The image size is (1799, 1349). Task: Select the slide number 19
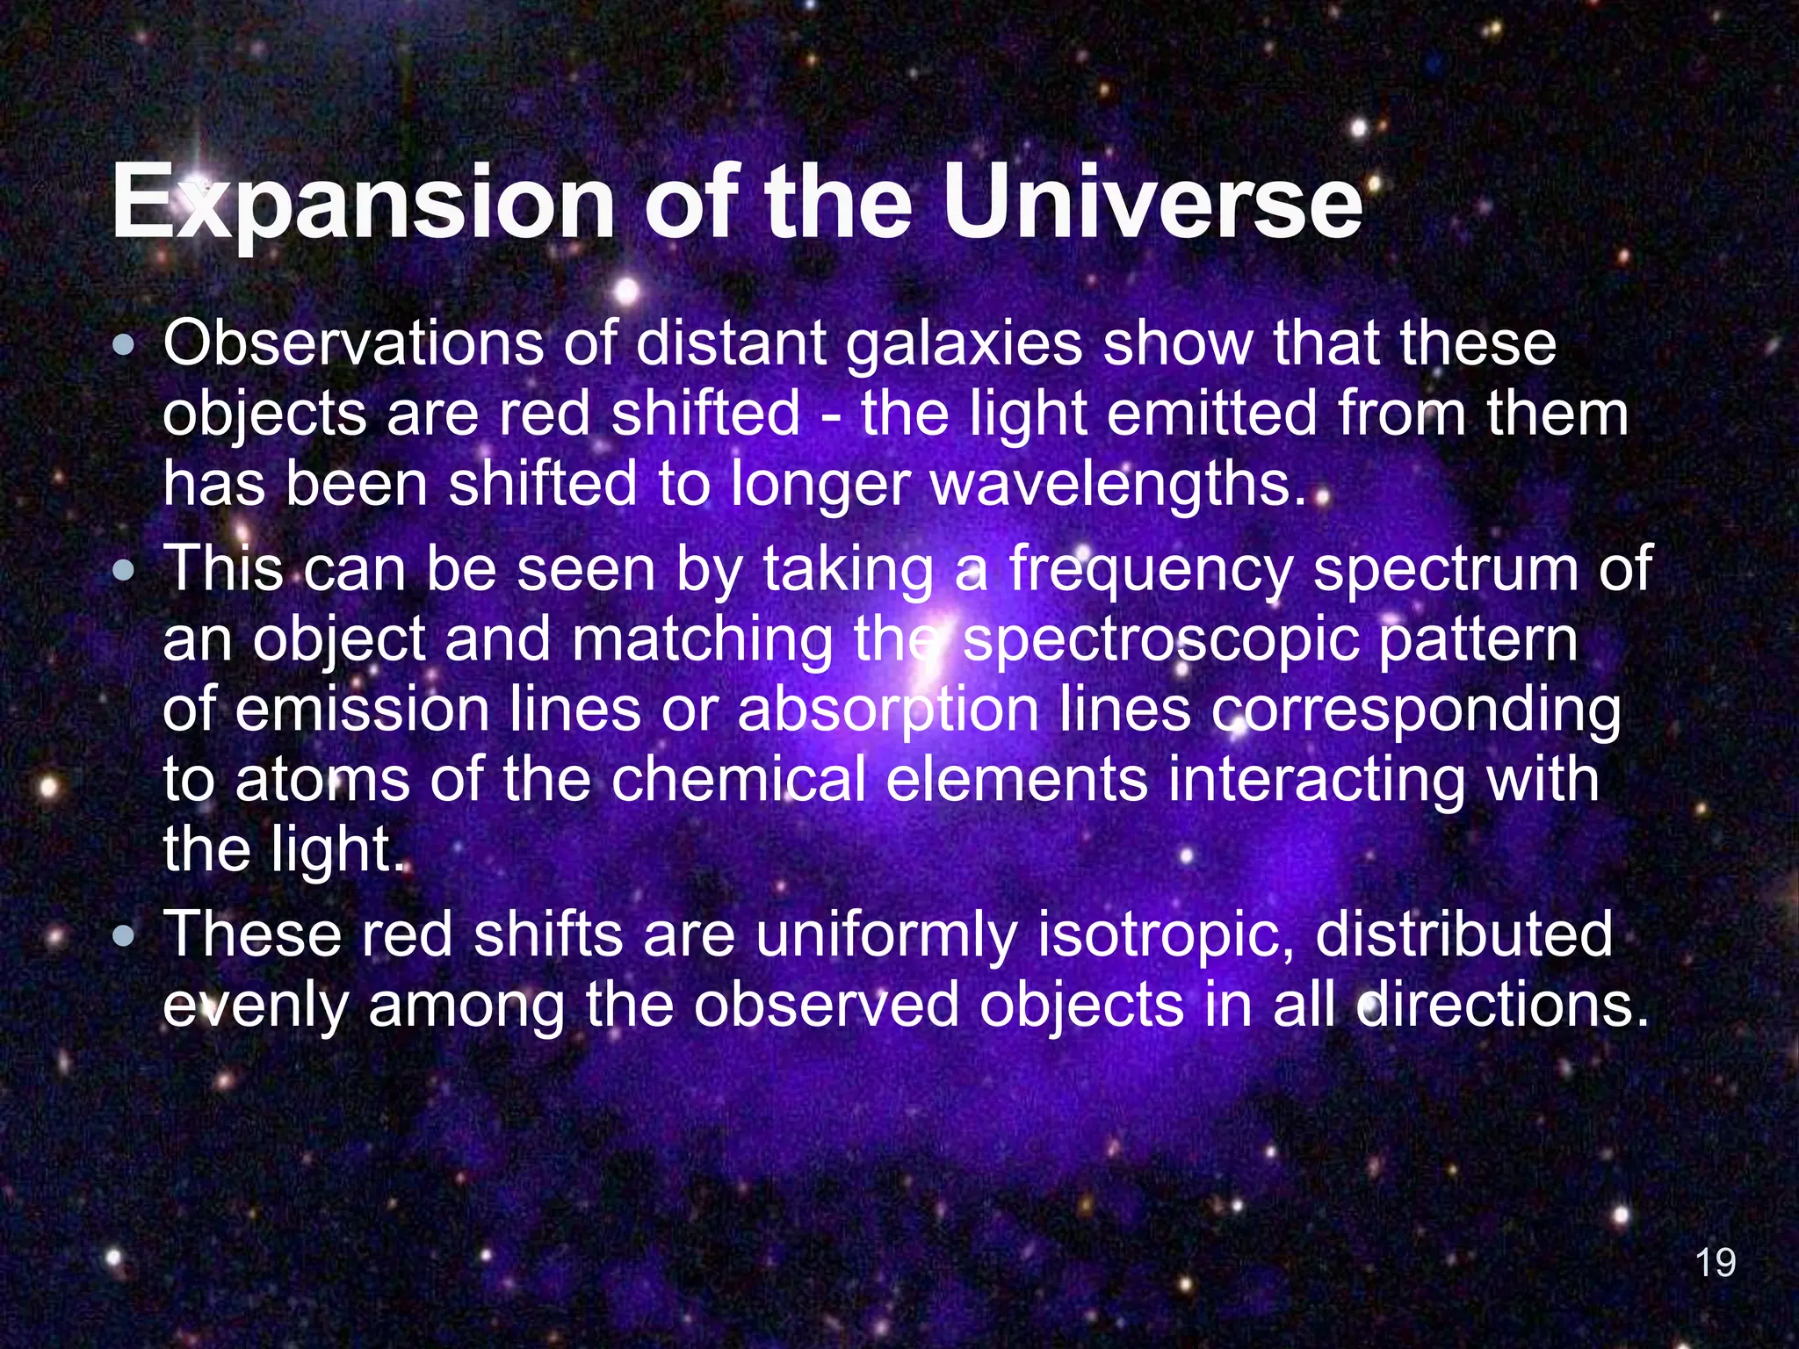(1715, 1263)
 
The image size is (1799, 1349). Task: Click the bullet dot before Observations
(126, 345)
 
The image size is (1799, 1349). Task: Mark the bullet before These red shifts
(126, 935)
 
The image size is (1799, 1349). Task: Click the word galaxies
(964, 345)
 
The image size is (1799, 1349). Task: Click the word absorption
(888, 711)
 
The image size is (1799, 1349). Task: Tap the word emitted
(1211, 415)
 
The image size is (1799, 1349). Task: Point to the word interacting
(1317, 780)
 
